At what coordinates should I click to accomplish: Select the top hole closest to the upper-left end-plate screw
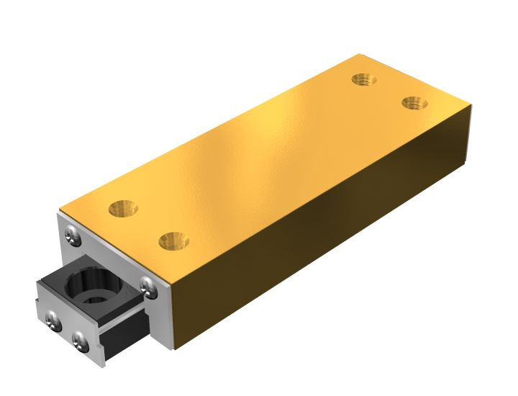click(123, 210)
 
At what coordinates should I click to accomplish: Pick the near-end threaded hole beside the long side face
click(173, 240)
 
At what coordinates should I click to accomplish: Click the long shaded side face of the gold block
click(324, 230)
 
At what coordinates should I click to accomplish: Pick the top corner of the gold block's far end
click(472, 106)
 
